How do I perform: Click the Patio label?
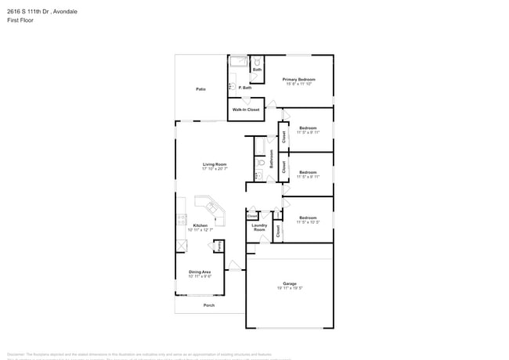pyautogui.click(x=200, y=89)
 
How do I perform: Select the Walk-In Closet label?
pyautogui.click(x=245, y=110)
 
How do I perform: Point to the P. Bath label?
pyautogui.click(x=244, y=88)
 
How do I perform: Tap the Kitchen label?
pyautogui.click(x=200, y=225)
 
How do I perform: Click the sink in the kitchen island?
pyautogui.click(x=211, y=207)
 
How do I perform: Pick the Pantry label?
pyautogui.click(x=220, y=246)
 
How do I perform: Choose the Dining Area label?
pyautogui.click(x=200, y=272)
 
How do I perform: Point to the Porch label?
pyautogui.click(x=208, y=305)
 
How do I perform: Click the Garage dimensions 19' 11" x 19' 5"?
pyautogui.click(x=290, y=289)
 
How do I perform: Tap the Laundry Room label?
pyautogui.click(x=258, y=227)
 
